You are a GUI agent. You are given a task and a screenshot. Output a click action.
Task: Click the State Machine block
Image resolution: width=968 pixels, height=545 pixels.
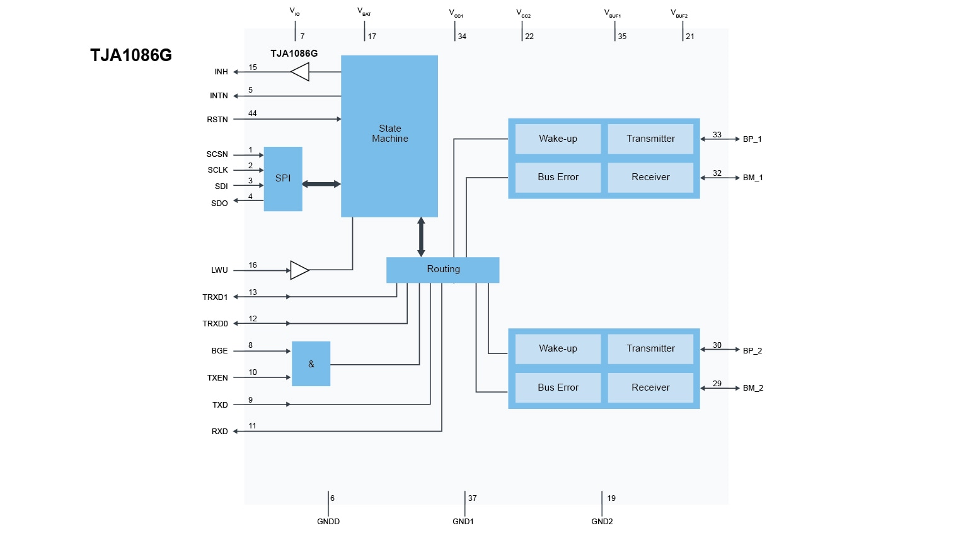pyautogui.click(x=389, y=135)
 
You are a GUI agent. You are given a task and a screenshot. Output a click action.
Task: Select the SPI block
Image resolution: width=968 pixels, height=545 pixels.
pyautogui.click(x=283, y=179)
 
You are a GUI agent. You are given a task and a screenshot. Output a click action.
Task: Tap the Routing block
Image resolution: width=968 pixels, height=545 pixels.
pyautogui.click(x=443, y=270)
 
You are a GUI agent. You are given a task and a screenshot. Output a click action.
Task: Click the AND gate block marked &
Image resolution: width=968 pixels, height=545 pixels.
pyautogui.click(x=311, y=364)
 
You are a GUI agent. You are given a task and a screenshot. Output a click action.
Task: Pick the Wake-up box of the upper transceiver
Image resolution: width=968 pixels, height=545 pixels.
pyautogui.click(x=558, y=139)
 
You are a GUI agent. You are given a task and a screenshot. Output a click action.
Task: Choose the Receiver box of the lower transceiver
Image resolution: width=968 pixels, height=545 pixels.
pyautogui.click(x=650, y=388)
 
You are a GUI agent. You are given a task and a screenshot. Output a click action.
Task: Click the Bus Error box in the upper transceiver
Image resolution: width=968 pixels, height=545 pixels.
pyautogui.click(x=558, y=178)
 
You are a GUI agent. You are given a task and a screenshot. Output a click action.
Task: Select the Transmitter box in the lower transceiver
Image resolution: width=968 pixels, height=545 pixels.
pyautogui.click(x=650, y=349)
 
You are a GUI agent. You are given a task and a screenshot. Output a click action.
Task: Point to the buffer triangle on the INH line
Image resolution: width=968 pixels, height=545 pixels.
pyautogui.click(x=301, y=72)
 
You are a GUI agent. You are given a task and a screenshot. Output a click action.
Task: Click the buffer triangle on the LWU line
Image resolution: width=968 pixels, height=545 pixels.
pyautogui.click(x=299, y=270)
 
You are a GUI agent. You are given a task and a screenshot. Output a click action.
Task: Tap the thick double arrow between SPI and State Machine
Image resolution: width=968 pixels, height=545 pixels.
pyautogui.click(x=321, y=184)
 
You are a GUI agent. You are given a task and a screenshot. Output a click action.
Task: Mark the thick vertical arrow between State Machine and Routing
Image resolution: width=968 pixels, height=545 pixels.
pyautogui.click(x=421, y=237)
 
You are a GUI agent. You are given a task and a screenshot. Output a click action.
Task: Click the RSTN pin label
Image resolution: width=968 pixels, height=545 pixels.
pyautogui.click(x=217, y=120)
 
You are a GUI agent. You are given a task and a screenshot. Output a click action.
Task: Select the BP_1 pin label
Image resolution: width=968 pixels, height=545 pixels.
pyautogui.click(x=752, y=139)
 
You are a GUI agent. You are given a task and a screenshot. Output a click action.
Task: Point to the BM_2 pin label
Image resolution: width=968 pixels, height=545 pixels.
pyautogui.click(x=752, y=388)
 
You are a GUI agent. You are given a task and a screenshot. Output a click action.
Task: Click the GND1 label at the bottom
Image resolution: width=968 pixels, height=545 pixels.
pyautogui.click(x=463, y=522)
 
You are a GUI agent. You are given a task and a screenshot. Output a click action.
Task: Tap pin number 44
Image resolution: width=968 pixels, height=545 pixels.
pyautogui.click(x=253, y=113)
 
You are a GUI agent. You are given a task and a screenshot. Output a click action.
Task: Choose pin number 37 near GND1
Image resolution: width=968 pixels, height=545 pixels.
pyautogui.click(x=473, y=498)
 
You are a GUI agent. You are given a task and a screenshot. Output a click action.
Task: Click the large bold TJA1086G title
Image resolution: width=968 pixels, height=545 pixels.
pyautogui.click(x=131, y=55)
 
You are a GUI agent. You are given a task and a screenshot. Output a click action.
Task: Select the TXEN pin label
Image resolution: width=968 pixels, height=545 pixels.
pyautogui.click(x=217, y=378)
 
